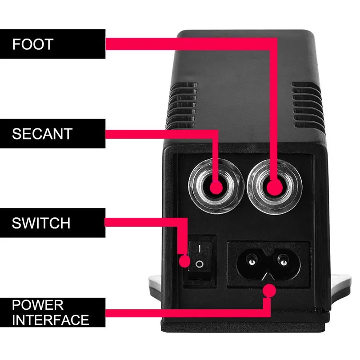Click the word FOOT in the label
pos(33,44)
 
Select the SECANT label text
pos(42,134)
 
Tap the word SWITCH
pos(41,223)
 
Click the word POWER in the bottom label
pos(38,305)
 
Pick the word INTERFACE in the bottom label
pos(51,320)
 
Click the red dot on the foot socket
pos(275,188)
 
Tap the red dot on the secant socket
pos(216,188)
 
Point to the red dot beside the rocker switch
pos(184,261)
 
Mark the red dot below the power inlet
pos(269,291)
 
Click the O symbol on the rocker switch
pos(199,264)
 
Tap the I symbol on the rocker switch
pos(200,248)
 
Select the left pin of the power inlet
pos(252,260)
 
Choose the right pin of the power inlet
pos(283,260)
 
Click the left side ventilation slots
pos(181,106)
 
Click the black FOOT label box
pos(52,44)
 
